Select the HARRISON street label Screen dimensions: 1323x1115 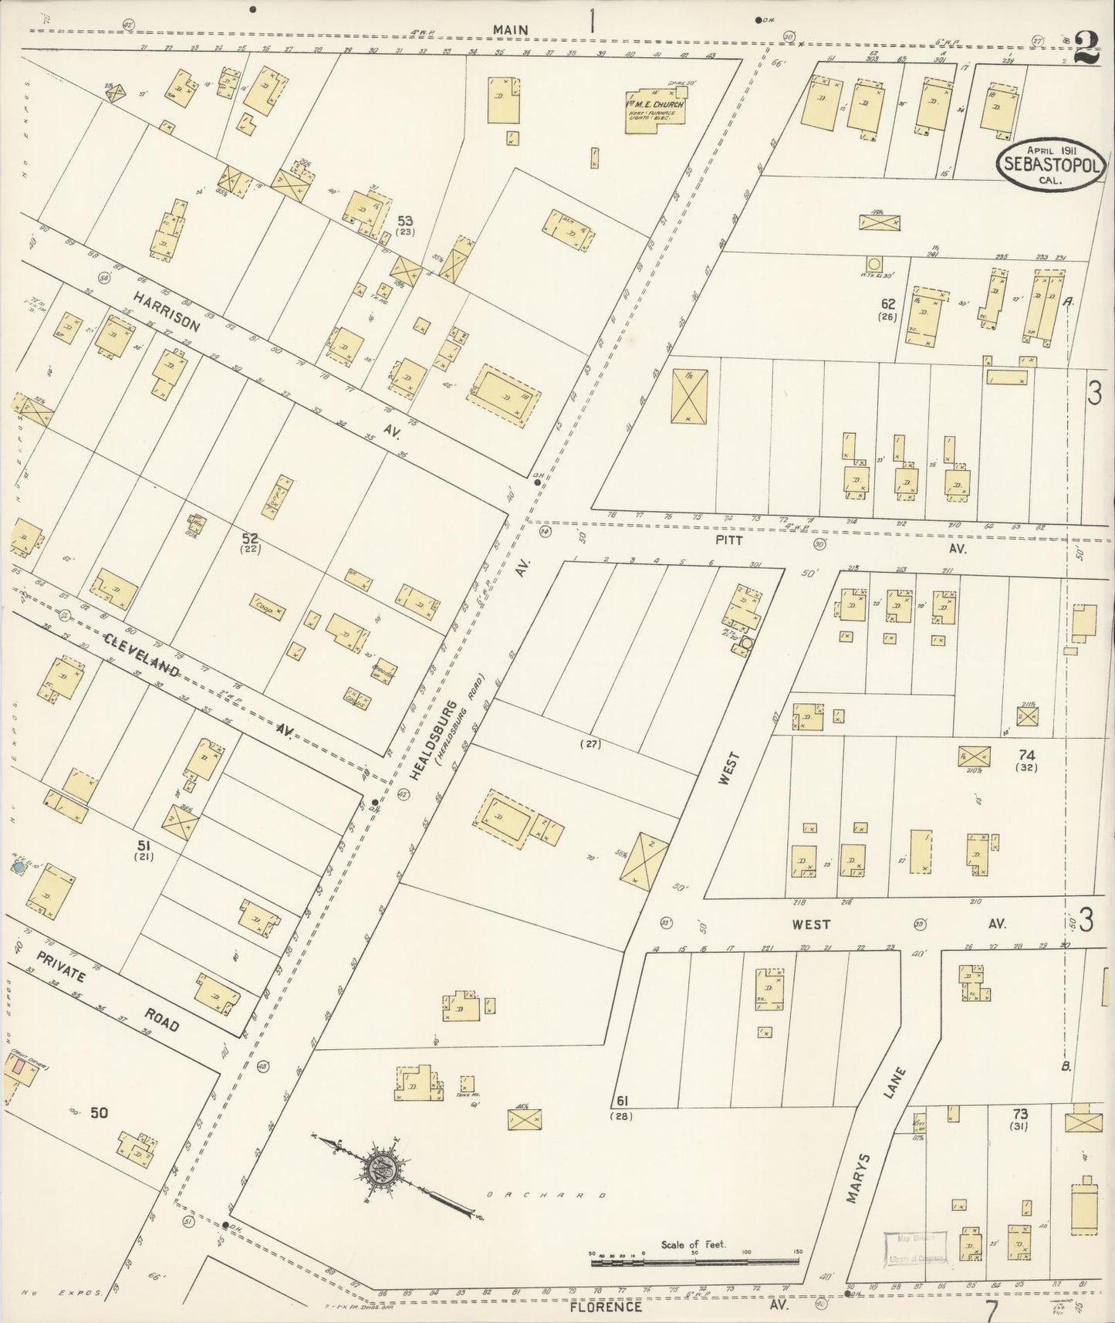[x=165, y=310]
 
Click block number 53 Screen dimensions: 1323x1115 [x=405, y=221]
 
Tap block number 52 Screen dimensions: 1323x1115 [x=250, y=538]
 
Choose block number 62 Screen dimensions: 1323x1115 [x=887, y=304]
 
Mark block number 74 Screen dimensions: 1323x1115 [x=1026, y=755]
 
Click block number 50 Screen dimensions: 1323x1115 [x=99, y=1112]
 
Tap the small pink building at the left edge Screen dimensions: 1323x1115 [x=16, y=1068]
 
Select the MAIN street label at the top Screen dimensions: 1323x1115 [x=511, y=30]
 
